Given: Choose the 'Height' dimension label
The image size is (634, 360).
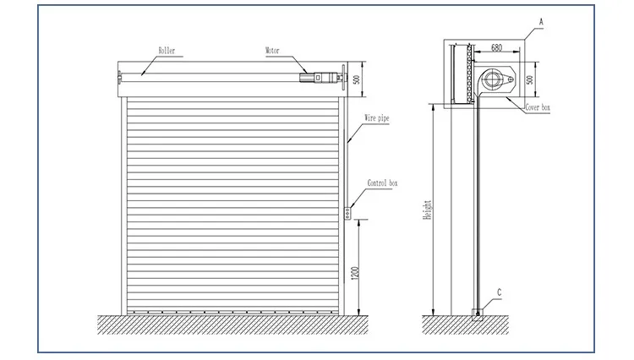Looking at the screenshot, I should click(429, 208).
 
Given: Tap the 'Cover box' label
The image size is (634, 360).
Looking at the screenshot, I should click(538, 108).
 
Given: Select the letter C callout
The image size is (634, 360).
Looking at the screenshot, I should click(499, 292).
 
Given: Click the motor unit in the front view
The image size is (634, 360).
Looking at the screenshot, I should click(316, 78).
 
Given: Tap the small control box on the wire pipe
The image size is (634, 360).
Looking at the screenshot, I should click(347, 213).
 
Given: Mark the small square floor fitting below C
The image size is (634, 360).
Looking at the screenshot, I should click(477, 316).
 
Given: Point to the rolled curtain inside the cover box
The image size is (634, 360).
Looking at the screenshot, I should click(462, 74).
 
